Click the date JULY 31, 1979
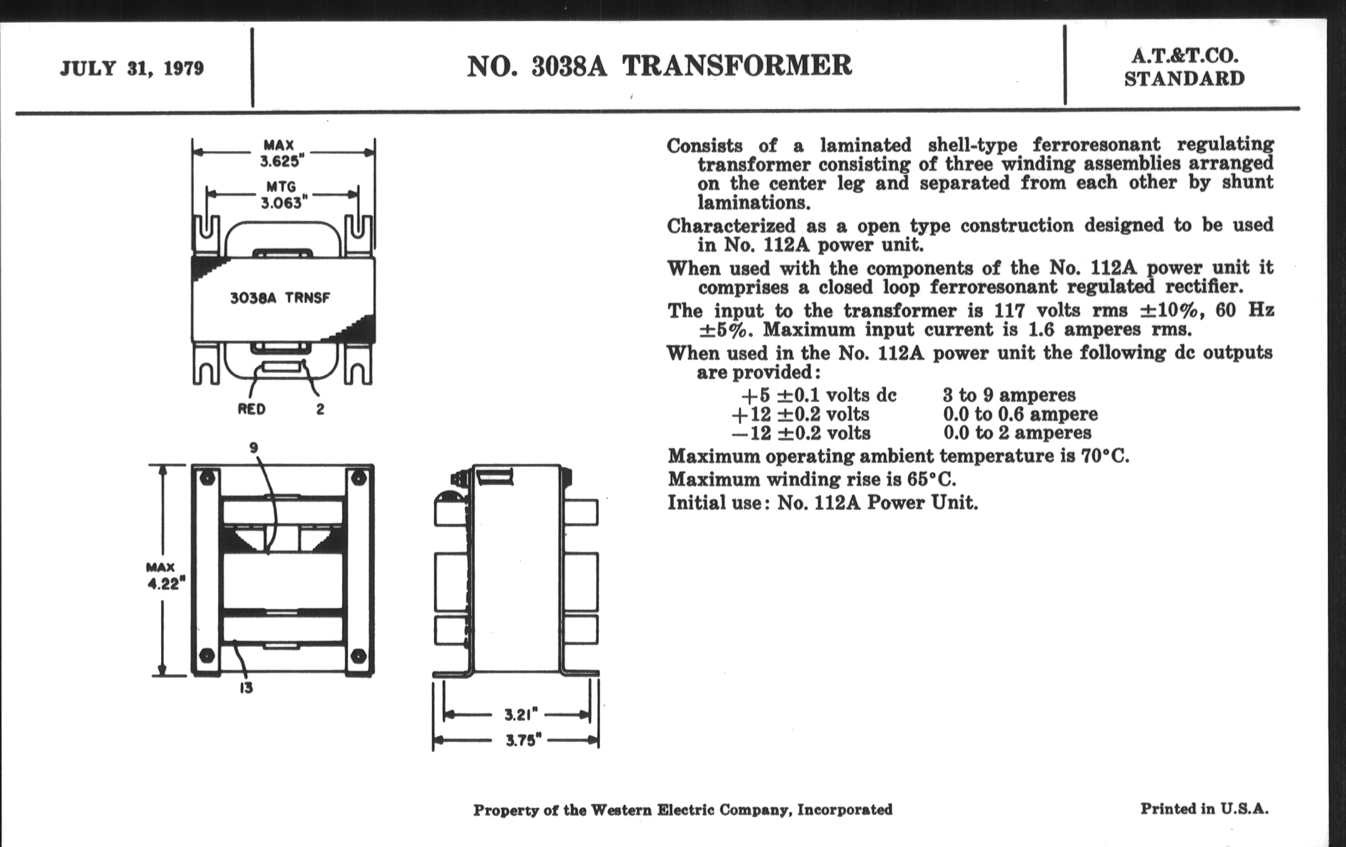(x=132, y=69)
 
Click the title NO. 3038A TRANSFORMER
(x=659, y=66)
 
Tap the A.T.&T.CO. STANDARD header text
(x=1184, y=68)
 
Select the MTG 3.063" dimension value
(x=281, y=202)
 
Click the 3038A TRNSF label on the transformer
(x=280, y=297)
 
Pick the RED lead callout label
(x=251, y=409)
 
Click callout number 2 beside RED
(x=320, y=409)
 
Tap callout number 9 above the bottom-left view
(x=254, y=448)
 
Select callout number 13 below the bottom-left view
(x=246, y=688)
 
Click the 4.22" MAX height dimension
(x=163, y=583)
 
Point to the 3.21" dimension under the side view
(x=521, y=715)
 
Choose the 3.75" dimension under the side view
(x=523, y=740)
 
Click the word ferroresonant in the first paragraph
(x=1096, y=144)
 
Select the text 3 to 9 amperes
(x=1009, y=395)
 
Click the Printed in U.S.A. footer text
(x=1204, y=808)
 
